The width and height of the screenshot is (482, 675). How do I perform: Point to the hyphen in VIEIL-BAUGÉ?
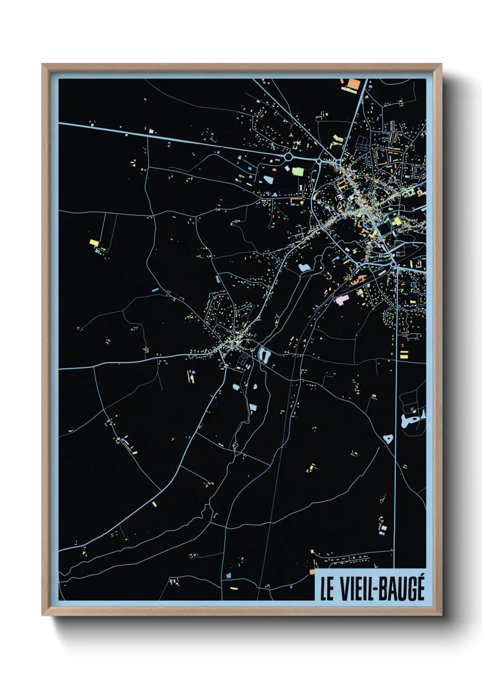375,590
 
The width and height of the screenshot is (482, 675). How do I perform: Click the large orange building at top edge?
353,84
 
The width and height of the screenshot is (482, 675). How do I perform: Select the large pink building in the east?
341,300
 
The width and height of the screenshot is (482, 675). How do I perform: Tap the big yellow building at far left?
94,242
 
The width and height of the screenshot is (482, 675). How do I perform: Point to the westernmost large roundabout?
288,156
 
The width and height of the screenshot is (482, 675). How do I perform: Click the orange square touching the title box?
313,571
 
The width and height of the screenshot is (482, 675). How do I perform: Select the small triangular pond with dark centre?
388,439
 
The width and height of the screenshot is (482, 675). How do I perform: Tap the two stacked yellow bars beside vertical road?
404,354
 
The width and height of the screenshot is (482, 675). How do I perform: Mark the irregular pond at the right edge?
412,419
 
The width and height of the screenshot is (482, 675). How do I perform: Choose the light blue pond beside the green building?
268,179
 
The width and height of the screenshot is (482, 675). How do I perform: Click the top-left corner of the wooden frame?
42,64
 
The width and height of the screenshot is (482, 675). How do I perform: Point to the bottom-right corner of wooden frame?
441,615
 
